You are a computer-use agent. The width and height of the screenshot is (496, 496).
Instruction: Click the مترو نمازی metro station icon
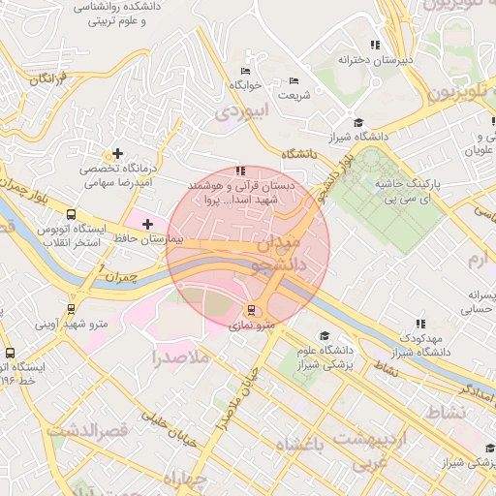point(252,311)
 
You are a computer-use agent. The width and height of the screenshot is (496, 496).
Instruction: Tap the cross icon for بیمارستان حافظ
point(147,224)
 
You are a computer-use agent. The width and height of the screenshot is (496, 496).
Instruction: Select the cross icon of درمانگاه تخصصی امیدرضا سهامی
point(118,153)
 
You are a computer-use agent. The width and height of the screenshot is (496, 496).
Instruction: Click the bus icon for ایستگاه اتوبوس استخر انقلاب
point(71,215)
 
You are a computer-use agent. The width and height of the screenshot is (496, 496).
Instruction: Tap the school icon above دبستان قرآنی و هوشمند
point(240,171)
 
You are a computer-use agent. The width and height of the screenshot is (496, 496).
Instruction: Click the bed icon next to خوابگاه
point(245,71)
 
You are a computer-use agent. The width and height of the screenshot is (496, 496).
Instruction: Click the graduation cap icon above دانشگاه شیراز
point(358,122)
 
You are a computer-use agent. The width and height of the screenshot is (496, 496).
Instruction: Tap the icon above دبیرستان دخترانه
point(375,45)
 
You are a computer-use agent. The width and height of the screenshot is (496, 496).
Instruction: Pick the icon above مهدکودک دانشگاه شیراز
point(420,324)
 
